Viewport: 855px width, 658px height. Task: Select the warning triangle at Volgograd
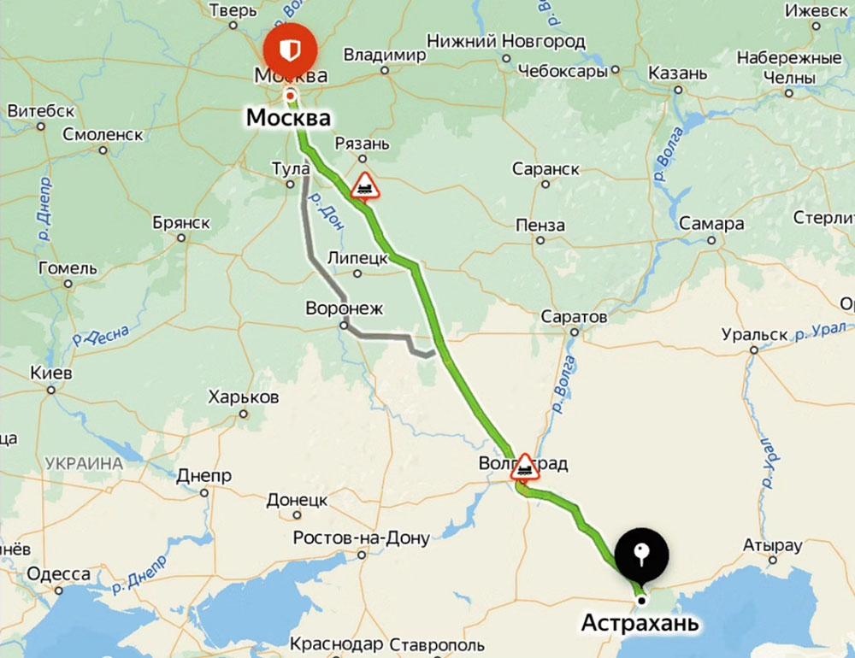point(525,467)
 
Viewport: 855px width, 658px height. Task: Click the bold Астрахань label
point(640,623)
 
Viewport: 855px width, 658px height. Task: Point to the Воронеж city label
point(345,308)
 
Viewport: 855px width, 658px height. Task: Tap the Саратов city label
point(574,317)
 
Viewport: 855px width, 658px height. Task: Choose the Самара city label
point(711,225)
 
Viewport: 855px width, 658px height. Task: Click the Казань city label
point(677,73)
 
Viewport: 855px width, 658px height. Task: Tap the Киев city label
point(51,374)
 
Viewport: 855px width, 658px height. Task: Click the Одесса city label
point(58,573)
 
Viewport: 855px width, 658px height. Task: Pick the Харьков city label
point(244,398)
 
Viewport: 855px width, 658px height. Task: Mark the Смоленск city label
point(103,134)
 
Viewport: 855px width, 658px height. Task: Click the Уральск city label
point(753,334)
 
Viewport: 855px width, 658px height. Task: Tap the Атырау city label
point(773,545)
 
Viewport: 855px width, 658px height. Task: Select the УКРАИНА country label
point(84,463)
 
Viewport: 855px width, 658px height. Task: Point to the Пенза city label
point(540,226)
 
